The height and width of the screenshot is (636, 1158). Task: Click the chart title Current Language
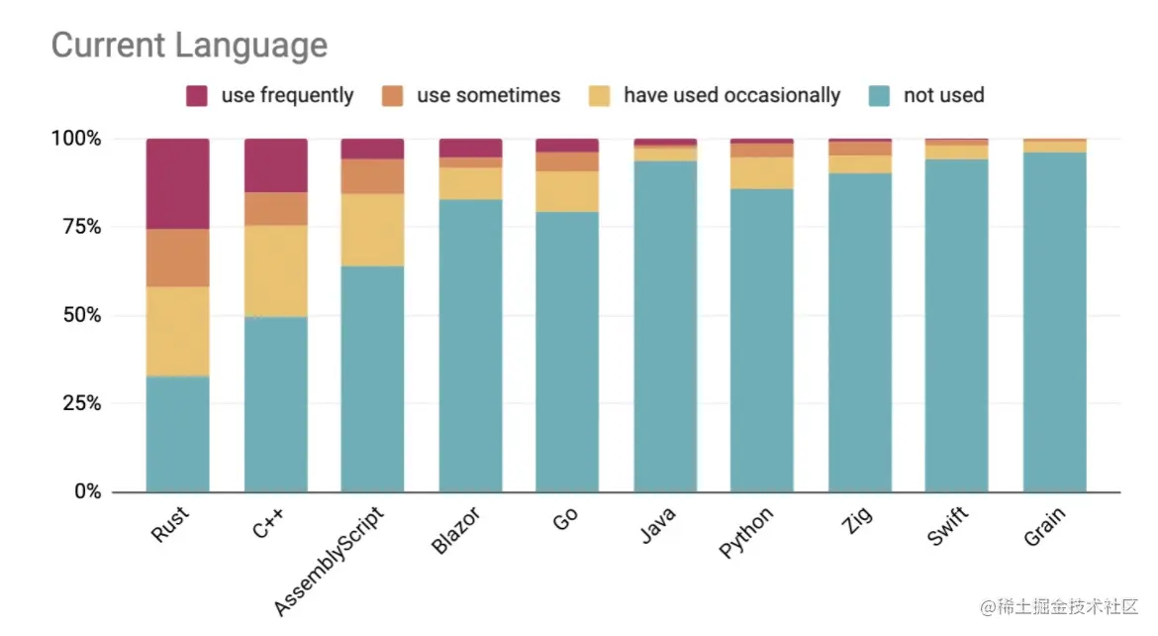189,46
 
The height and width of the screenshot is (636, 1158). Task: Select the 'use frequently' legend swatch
197,96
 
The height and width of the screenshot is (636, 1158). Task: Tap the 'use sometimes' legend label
488,96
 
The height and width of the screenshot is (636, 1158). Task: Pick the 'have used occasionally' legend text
731,96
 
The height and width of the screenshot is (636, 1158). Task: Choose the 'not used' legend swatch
881,96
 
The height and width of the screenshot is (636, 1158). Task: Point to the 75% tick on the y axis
76,227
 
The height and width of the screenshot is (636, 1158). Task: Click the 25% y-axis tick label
76,403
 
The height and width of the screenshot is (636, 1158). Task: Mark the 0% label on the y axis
83,491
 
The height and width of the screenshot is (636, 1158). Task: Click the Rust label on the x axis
170,524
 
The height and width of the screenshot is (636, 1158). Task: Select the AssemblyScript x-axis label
328,559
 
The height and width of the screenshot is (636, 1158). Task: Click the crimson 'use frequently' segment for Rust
177,183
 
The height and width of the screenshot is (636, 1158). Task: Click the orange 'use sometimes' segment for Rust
177,258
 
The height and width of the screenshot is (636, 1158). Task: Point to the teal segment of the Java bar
665,326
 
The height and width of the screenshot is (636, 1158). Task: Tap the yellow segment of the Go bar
567,191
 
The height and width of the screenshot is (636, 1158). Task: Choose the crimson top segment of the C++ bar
275,165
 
